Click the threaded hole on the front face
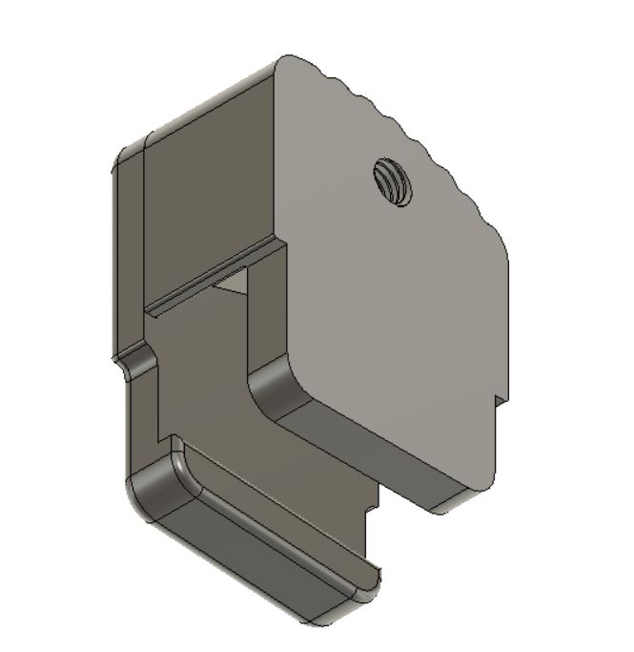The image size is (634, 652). click(x=392, y=182)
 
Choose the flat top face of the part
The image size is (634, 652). click(x=200, y=105)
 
